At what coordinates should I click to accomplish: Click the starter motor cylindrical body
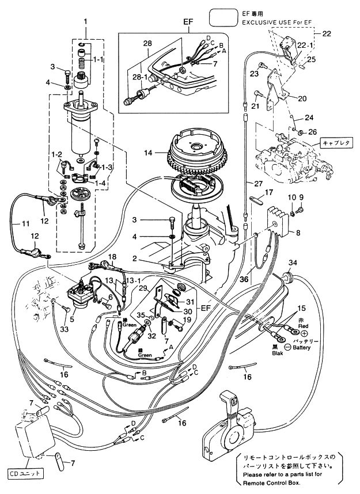click(x=80, y=135)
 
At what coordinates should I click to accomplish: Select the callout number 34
click(x=293, y=263)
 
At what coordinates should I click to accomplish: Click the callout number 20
click(x=302, y=98)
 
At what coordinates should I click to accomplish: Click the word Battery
click(x=302, y=348)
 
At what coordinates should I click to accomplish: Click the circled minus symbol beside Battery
click(x=287, y=347)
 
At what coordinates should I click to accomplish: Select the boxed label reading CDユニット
click(x=25, y=473)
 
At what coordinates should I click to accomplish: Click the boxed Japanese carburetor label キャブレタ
click(x=336, y=142)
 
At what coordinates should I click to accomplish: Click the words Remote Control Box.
click(x=271, y=482)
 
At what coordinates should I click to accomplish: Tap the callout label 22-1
click(x=305, y=45)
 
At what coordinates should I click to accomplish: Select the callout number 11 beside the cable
click(x=25, y=224)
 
